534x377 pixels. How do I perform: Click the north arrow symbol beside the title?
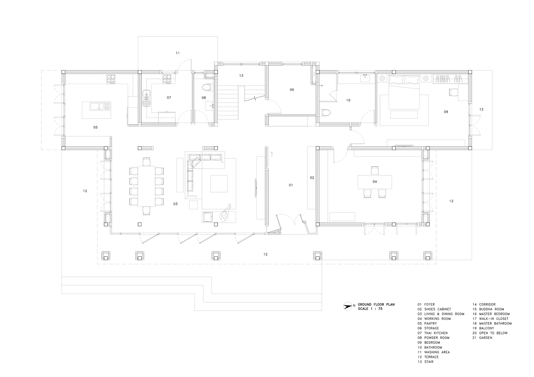347,306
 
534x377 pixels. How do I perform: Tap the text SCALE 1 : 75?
370,309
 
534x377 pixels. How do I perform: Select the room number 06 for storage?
292,90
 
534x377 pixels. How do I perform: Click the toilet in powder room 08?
207,87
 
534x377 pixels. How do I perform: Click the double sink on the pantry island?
100,106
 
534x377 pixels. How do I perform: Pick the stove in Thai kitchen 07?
167,79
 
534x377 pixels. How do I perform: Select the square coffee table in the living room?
219,184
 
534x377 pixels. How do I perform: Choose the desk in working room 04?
375,182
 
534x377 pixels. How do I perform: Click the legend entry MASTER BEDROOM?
494,314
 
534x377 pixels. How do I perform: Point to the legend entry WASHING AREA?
437,352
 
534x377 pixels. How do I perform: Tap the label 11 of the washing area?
177,53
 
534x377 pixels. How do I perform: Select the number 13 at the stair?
241,76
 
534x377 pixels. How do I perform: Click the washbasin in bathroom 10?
365,78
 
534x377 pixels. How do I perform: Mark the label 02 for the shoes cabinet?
312,178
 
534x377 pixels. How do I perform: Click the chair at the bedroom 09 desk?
453,92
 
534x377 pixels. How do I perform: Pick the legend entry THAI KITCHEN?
436,333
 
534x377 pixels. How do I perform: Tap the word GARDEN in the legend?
486,338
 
